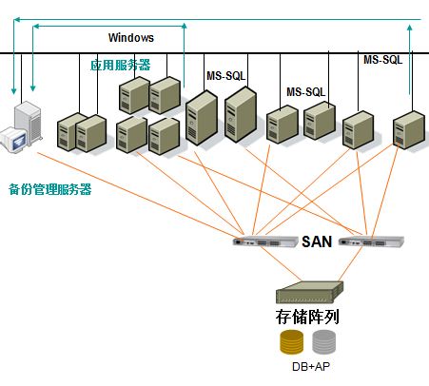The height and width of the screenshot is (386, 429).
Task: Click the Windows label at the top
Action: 131,38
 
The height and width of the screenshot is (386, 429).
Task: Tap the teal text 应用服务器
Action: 121,65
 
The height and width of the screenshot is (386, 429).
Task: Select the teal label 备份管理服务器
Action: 50,189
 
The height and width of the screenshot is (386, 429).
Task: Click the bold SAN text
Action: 317,241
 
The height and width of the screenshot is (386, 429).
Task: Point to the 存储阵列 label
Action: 307,317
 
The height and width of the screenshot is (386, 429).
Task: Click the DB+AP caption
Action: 311,367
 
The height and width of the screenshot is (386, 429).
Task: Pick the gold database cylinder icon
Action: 291,341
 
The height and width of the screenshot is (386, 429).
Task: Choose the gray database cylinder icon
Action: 323,341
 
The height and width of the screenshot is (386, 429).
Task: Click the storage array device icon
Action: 309,293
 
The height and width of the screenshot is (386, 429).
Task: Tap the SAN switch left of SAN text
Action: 265,241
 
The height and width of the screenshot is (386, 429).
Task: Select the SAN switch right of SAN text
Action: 371,241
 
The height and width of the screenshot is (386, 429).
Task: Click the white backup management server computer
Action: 22,127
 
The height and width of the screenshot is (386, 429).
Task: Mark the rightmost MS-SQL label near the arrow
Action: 382,60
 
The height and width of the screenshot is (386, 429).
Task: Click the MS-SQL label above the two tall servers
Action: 226,76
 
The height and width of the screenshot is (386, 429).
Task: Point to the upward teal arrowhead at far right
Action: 410,28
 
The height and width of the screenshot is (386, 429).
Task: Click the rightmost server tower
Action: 409,129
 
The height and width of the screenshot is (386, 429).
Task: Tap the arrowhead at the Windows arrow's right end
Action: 185,26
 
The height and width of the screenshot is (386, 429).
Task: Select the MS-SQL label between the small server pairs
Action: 306,92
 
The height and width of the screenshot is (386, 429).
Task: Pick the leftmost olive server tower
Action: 68,131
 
